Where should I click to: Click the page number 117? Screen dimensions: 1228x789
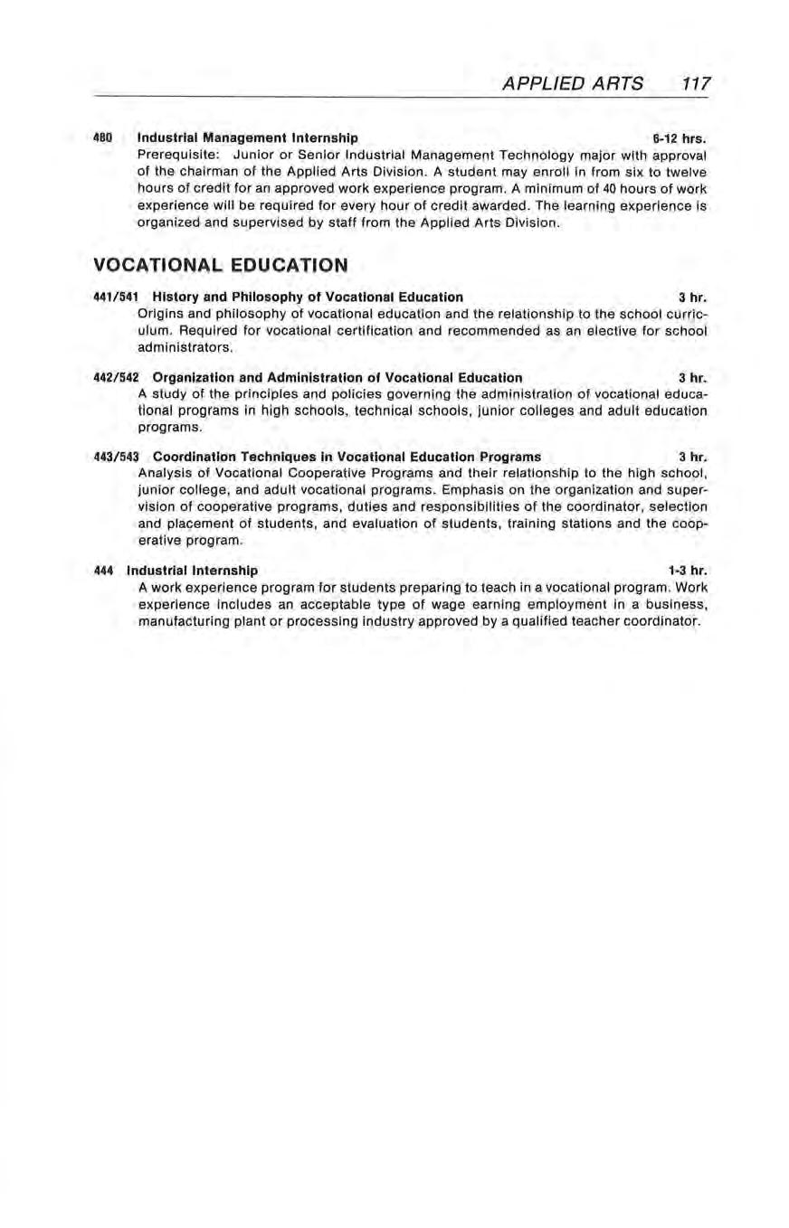tap(698, 84)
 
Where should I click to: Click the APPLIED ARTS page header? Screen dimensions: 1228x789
tap(575, 84)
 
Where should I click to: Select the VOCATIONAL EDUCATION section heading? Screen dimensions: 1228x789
tap(220, 265)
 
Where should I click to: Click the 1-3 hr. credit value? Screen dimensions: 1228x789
tap(686, 571)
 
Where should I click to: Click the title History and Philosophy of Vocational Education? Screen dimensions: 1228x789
tap(308, 297)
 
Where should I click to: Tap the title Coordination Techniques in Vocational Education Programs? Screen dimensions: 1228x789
tap(347, 456)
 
